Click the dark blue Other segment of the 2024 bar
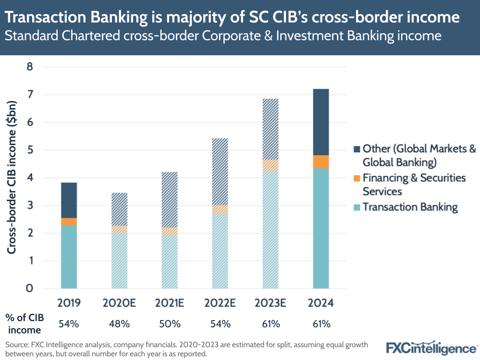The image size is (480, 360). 320,122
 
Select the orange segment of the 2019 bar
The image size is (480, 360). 69,222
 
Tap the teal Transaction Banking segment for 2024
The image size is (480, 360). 320,228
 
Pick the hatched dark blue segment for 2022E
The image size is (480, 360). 220,172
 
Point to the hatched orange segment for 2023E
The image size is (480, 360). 271,165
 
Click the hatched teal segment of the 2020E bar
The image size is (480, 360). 119,260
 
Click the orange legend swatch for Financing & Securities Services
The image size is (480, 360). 356,178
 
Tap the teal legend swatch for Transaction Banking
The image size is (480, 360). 356,207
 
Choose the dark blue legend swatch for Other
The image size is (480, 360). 356,149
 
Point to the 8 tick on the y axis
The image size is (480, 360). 29,67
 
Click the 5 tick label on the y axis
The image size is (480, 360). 29,150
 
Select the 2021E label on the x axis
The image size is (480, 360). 170,303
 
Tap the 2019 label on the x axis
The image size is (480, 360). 69,303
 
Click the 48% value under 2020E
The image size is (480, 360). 119,324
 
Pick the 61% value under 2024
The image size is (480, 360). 320,324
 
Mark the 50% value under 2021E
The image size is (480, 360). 170,324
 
